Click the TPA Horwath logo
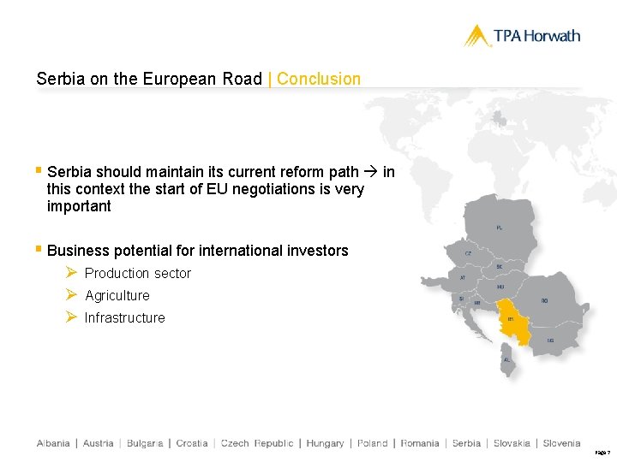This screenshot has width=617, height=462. [522, 36]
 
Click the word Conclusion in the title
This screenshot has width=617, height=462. [319, 79]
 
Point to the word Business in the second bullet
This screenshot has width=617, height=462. [78, 251]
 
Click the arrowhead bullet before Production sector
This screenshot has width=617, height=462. [72, 273]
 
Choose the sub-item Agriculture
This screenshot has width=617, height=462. [117, 295]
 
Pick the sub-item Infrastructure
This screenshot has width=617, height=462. [125, 317]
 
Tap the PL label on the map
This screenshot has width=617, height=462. [500, 228]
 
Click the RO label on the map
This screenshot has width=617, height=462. [545, 300]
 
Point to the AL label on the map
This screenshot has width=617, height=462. [506, 359]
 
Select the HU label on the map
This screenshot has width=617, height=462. [500, 287]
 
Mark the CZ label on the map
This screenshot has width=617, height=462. [468, 253]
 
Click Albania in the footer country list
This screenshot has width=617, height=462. [53, 443]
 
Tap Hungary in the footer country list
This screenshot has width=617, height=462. [325, 443]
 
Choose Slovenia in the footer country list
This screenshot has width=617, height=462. [561, 443]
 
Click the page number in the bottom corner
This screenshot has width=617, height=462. [602, 451]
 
